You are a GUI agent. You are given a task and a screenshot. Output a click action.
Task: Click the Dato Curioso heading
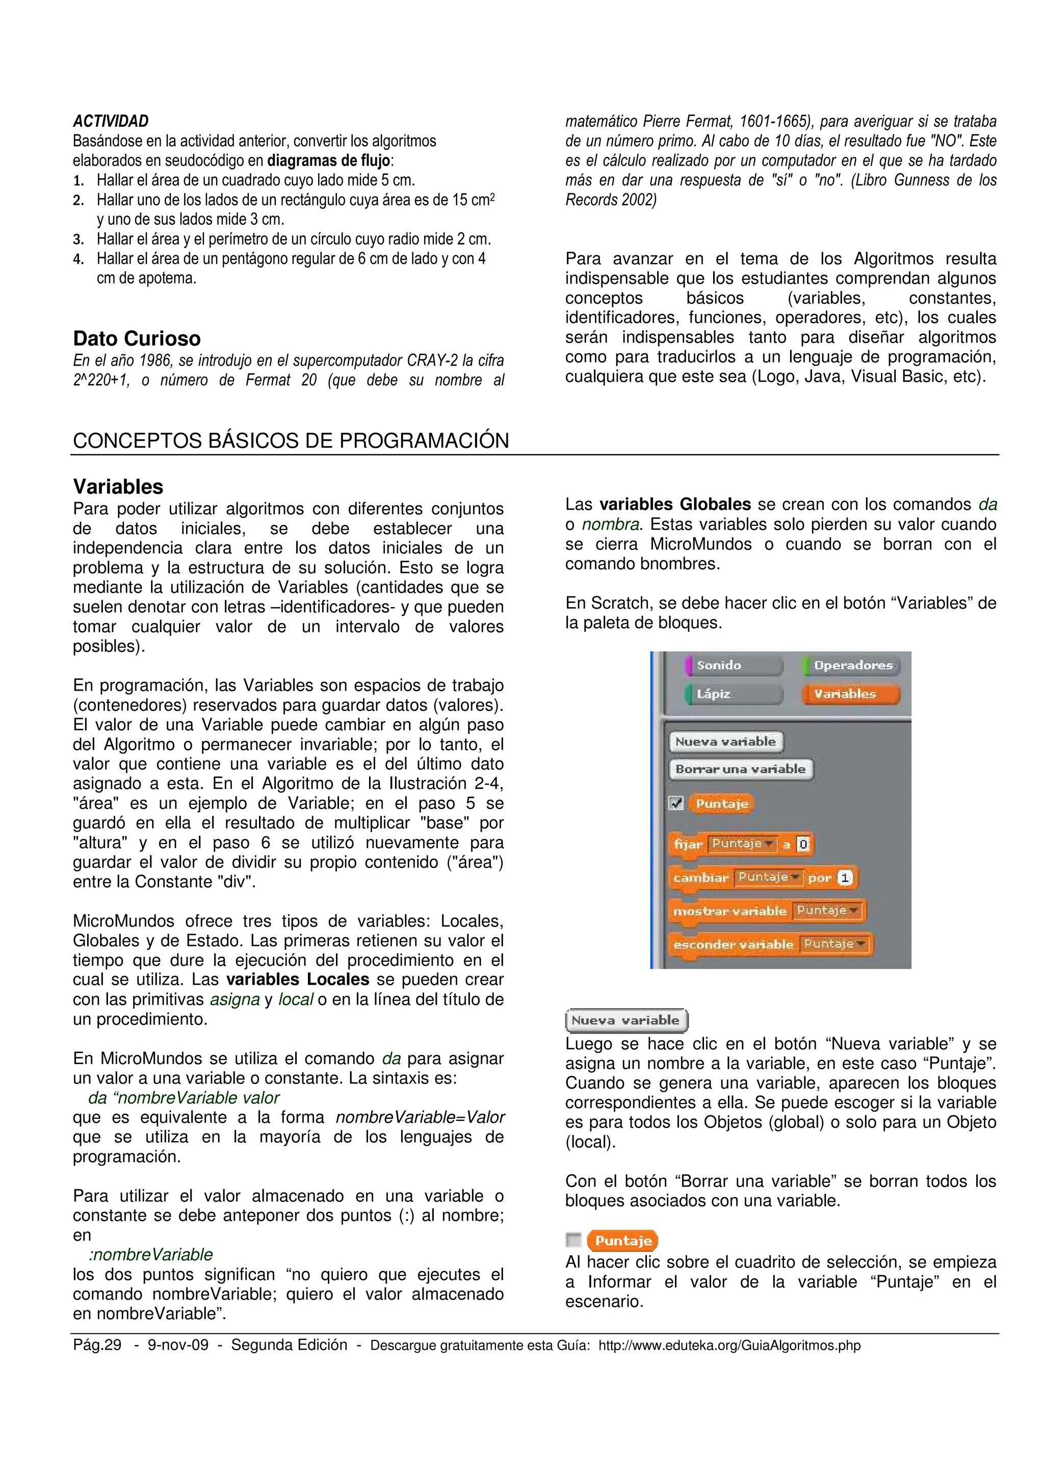point(137,338)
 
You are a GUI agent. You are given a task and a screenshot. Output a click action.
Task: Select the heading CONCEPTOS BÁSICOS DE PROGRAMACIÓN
point(291,441)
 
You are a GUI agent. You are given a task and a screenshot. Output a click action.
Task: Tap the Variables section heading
point(118,486)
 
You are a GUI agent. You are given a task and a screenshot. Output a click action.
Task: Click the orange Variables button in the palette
point(850,694)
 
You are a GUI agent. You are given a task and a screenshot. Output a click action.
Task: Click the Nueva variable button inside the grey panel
point(725,742)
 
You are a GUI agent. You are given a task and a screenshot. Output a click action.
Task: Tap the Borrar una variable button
point(740,770)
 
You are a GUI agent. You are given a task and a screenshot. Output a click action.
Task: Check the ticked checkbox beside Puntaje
point(676,803)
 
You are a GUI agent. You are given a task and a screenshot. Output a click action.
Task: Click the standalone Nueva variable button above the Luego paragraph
point(626,1020)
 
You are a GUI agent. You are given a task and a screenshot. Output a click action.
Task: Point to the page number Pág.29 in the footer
point(97,1345)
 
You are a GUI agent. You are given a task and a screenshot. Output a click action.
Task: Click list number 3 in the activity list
point(78,240)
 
